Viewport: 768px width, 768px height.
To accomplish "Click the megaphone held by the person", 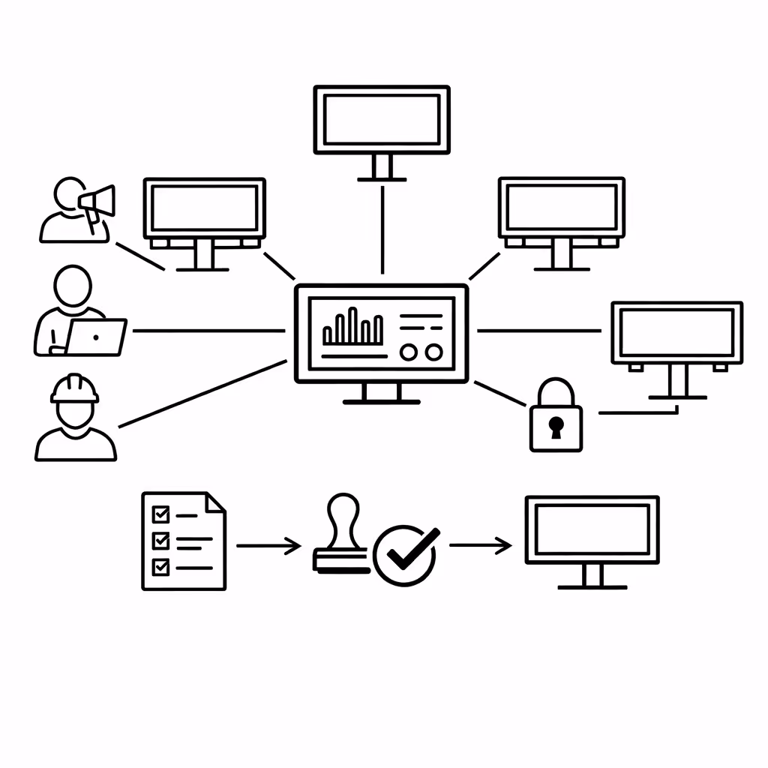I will point(98,201).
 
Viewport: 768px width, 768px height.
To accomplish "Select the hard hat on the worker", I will point(74,388).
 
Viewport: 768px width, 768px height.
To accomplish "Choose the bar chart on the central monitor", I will point(352,328).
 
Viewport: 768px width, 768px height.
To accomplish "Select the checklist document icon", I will point(183,540).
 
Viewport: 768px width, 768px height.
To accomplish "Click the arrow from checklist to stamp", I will point(268,546).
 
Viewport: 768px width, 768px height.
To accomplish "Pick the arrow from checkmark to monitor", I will point(481,546).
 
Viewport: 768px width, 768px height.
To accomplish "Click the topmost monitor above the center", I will point(382,120).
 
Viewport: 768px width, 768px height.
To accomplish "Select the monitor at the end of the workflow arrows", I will point(592,529).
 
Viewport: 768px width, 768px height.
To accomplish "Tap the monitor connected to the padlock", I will point(676,333).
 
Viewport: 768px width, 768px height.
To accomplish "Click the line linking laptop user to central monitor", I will point(208,330).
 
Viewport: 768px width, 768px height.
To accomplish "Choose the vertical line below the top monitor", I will point(382,229).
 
